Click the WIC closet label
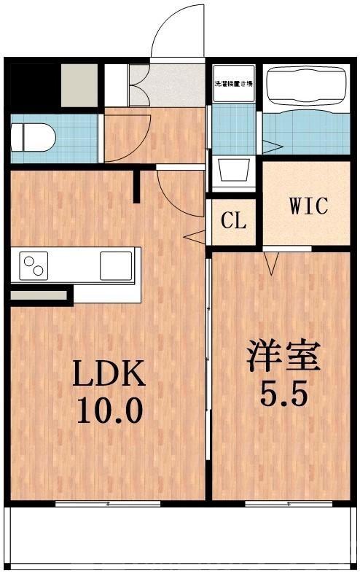point(308,206)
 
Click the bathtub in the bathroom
point(306,85)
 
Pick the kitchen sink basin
point(115,263)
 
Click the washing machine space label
point(233,85)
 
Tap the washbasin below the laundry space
point(233,174)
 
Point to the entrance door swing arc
point(178,29)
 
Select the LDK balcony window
point(108,503)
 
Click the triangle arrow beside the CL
point(195,236)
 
